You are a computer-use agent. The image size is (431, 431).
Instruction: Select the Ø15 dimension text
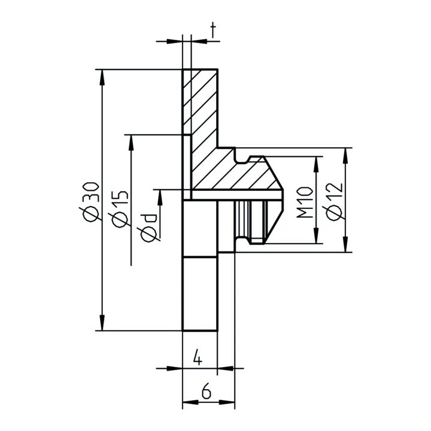coord(119,208)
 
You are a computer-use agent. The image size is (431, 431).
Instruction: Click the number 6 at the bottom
coord(207,392)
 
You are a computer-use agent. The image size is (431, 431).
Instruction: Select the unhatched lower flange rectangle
coord(200,293)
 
